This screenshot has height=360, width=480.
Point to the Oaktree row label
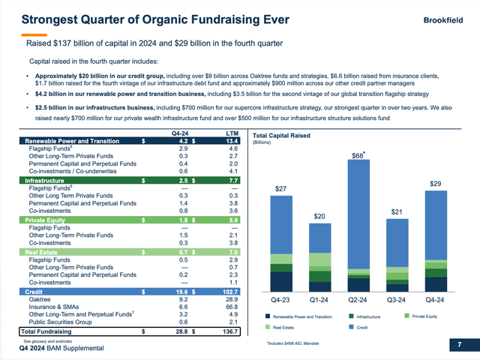pos(41,298)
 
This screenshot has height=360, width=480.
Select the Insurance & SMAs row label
pos(55,307)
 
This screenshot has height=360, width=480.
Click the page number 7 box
pos(460,345)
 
